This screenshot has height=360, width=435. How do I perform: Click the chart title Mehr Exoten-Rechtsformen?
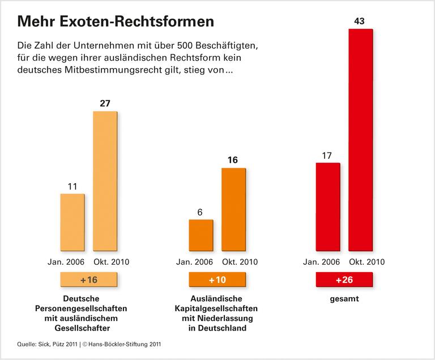[116, 21]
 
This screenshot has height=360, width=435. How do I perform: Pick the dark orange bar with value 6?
[201, 235]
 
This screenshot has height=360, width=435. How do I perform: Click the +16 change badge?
[88, 280]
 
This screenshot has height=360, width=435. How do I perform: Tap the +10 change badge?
[217, 280]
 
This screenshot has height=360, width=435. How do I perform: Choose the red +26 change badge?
[344, 280]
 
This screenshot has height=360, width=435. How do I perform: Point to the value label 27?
[105, 103]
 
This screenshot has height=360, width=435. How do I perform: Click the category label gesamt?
[344, 298]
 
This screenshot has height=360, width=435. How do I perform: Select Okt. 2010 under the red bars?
[368, 262]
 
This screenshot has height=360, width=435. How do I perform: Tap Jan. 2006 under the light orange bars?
[66, 262]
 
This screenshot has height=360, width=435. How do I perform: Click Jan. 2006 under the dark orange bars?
[195, 262]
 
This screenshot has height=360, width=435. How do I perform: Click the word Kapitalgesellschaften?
[217, 308]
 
